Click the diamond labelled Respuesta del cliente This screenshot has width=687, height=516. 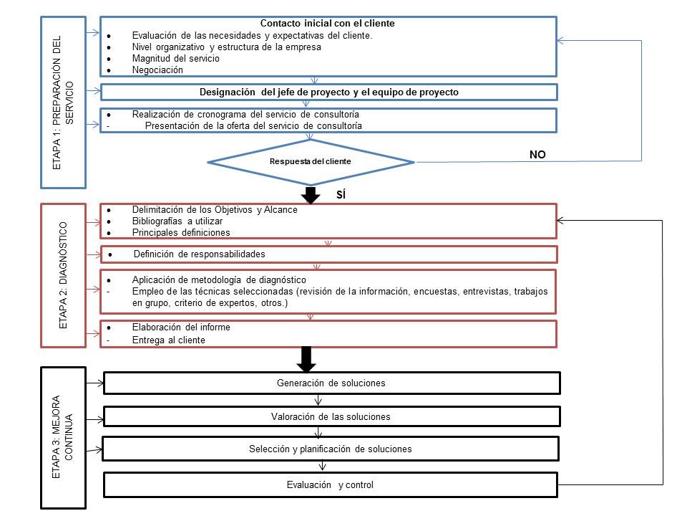[x=311, y=161]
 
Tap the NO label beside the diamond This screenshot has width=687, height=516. [x=537, y=153]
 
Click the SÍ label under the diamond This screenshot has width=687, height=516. [x=341, y=194]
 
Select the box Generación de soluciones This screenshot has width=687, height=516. [x=331, y=383]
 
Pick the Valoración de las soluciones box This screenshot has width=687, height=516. [x=331, y=416]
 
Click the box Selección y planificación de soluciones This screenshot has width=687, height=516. [x=331, y=449]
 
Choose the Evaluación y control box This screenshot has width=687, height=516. [x=331, y=485]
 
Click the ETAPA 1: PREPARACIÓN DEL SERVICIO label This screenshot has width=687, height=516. [x=63, y=101]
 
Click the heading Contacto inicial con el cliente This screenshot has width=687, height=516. [x=328, y=23]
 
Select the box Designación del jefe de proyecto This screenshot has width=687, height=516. [x=328, y=92]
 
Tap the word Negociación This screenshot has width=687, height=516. [x=157, y=70]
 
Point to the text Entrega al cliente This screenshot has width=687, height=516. [x=168, y=340]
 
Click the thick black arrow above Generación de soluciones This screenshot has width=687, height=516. [x=306, y=359]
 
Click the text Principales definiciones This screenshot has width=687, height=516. [x=181, y=233]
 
